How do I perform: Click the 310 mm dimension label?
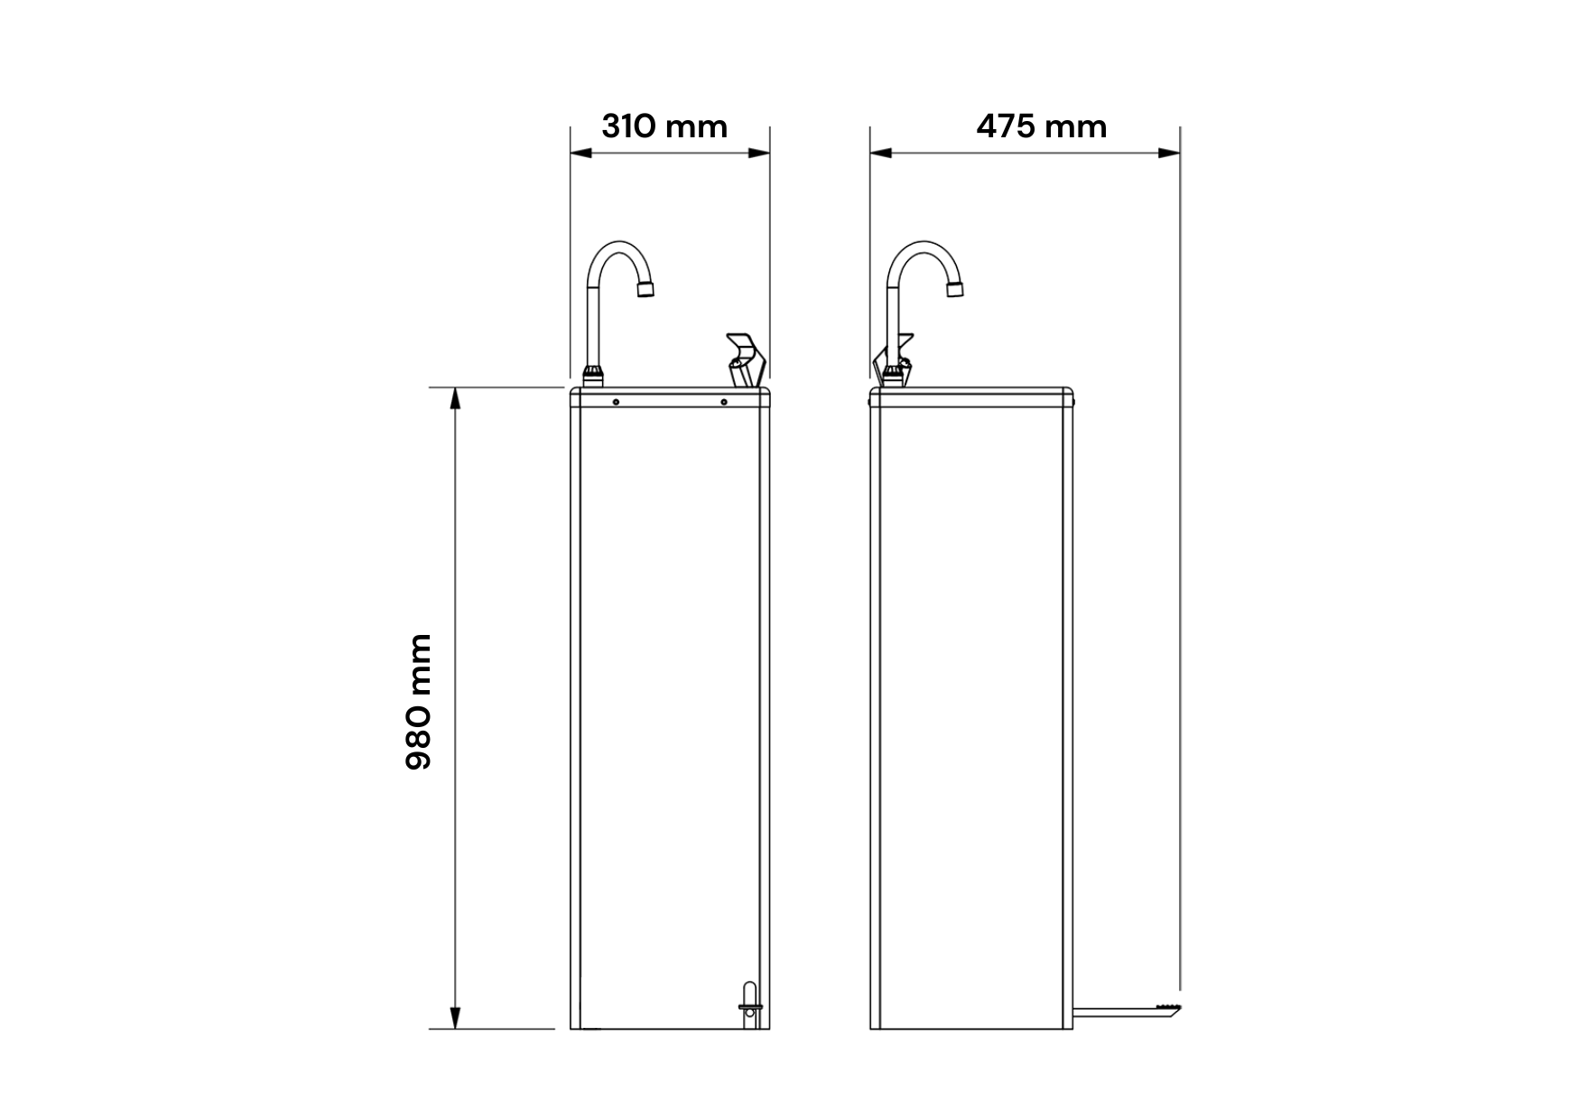(x=664, y=126)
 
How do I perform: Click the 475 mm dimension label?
(x=1042, y=126)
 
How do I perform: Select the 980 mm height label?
(x=419, y=702)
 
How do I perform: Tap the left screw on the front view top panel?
(x=616, y=402)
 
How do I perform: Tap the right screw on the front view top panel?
(x=724, y=402)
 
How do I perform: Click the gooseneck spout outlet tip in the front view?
(x=645, y=290)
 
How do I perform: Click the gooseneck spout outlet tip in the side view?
(x=956, y=289)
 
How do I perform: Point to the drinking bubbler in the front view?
(x=745, y=360)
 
